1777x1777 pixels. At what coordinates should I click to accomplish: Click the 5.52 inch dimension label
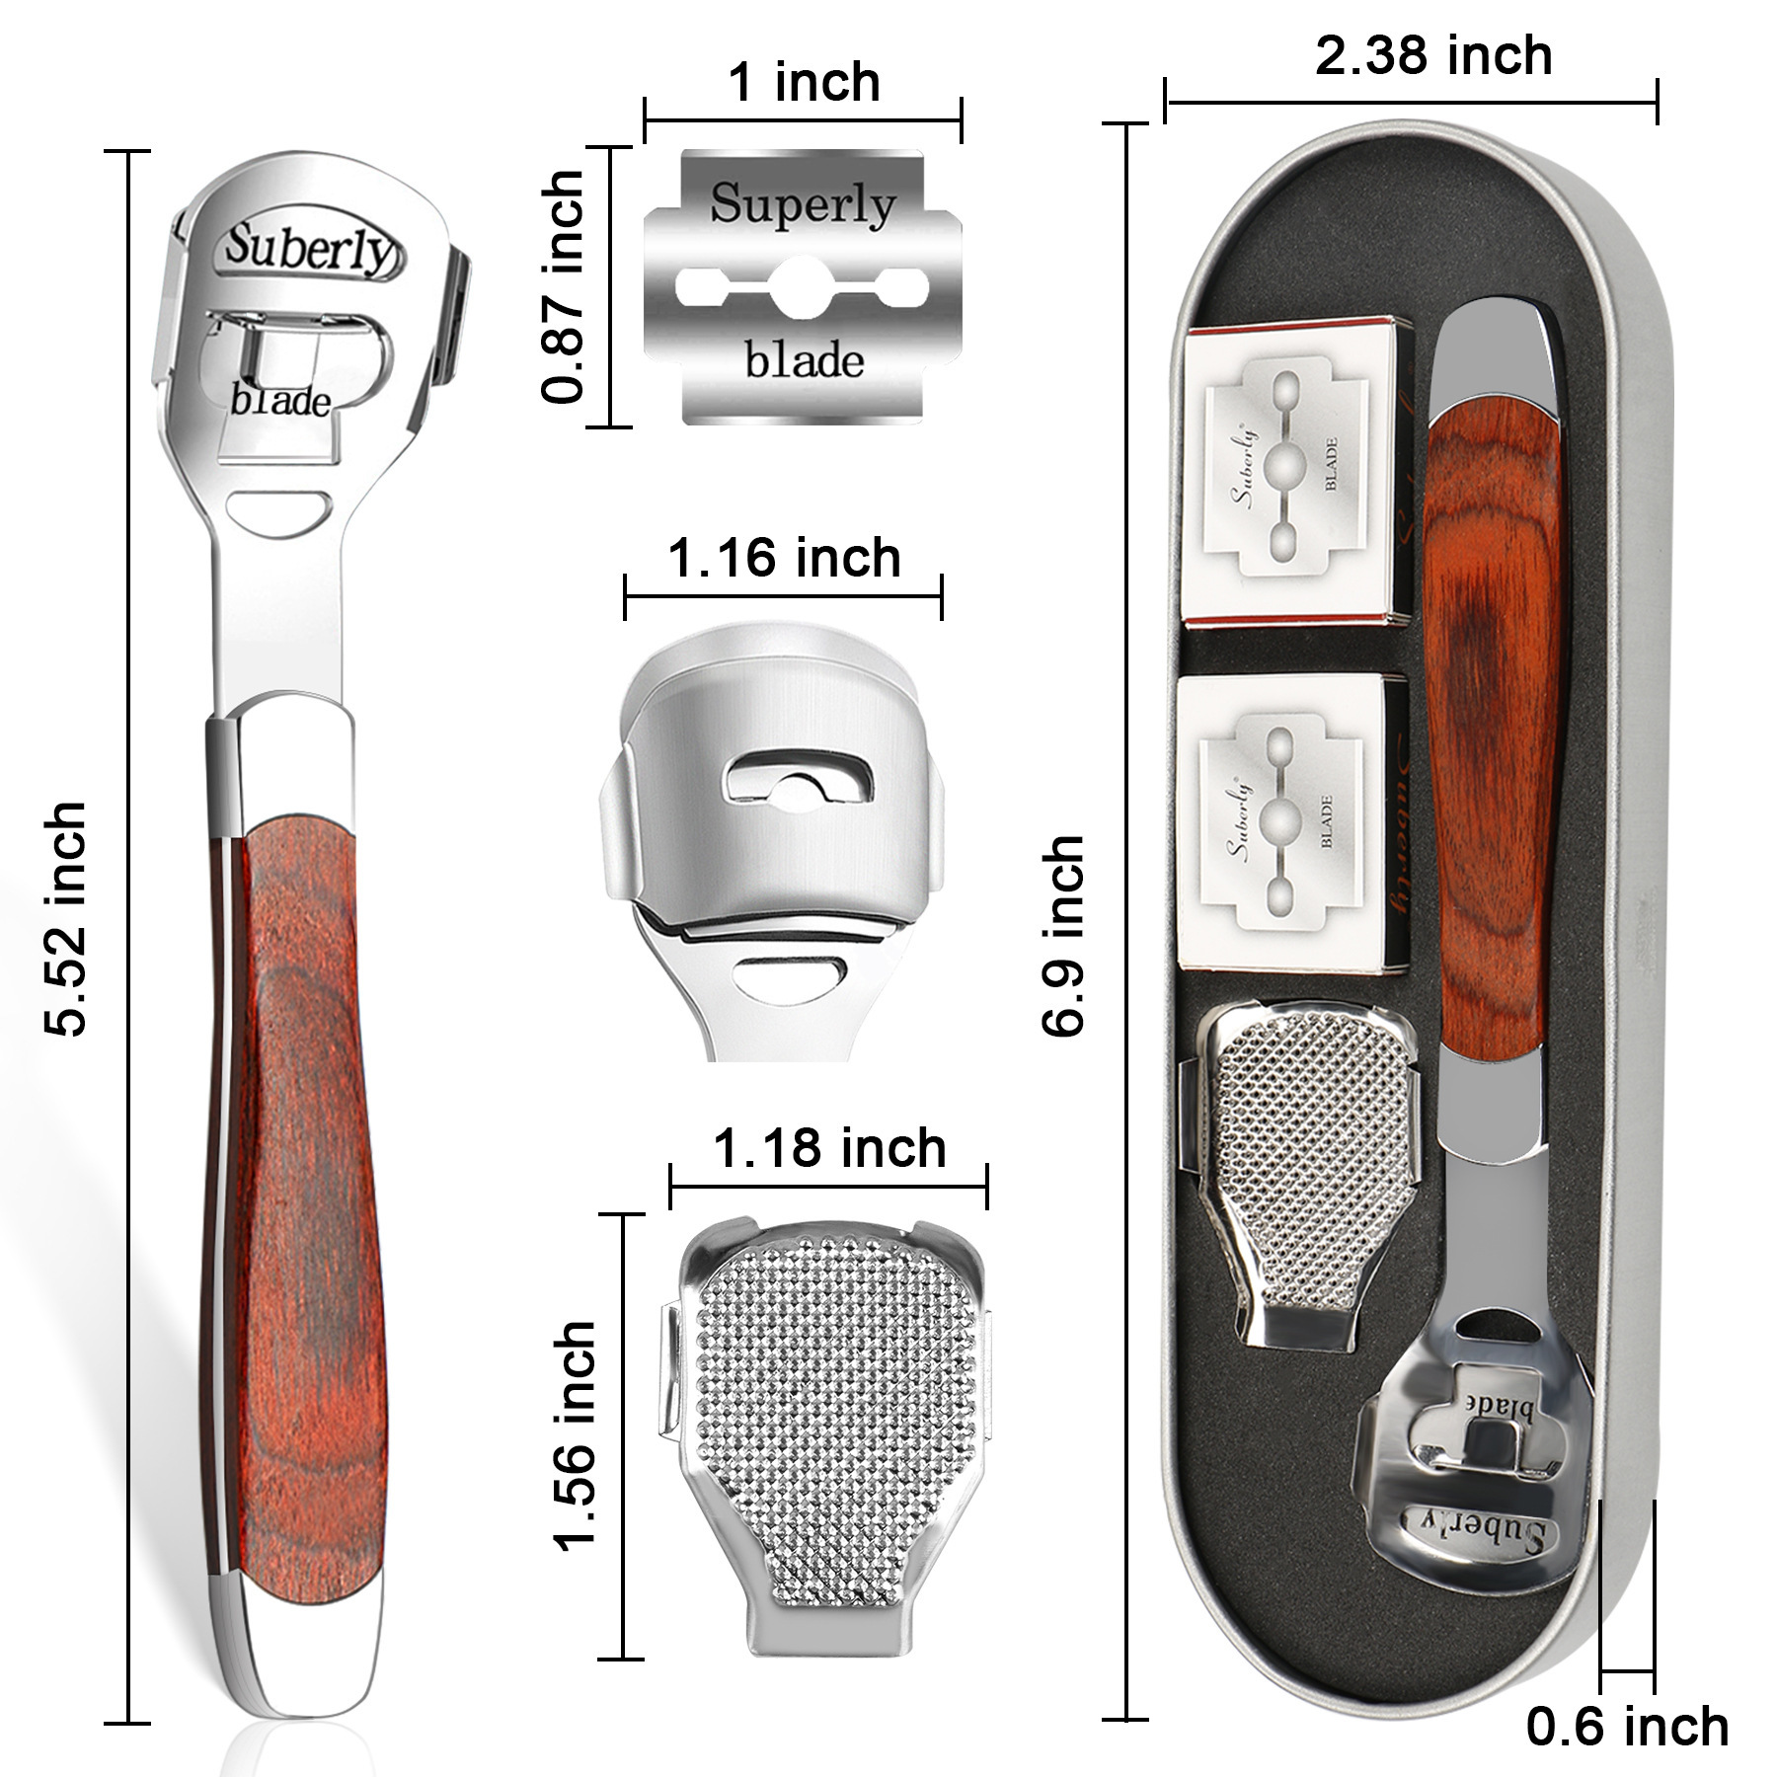(67, 919)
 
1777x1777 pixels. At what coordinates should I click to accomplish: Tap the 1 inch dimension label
(804, 82)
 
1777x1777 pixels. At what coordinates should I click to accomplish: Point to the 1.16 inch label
(785, 559)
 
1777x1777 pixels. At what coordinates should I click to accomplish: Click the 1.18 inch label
(829, 1148)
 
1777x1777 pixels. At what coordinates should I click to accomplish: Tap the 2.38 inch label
(1433, 55)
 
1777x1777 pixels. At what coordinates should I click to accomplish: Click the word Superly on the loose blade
(803, 204)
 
